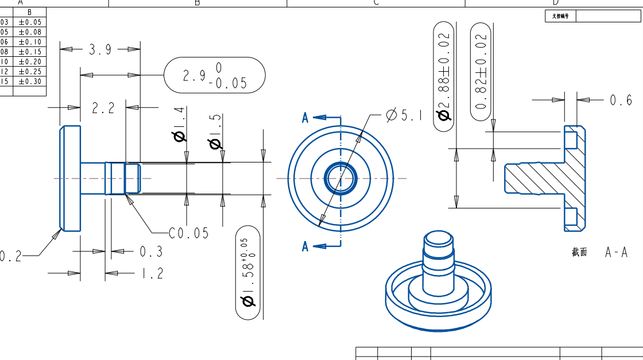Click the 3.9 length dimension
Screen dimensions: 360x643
click(100, 50)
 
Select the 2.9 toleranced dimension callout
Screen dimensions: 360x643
click(215, 75)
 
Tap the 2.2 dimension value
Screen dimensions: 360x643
click(103, 108)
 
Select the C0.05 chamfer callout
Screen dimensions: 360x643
click(189, 233)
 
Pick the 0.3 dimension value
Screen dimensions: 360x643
click(152, 251)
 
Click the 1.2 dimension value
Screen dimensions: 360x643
click(152, 273)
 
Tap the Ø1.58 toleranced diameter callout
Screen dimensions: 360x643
click(248, 273)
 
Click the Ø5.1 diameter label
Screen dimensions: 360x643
click(404, 115)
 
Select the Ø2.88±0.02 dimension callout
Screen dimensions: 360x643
click(444, 77)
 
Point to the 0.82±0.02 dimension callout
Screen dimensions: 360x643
click(481, 71)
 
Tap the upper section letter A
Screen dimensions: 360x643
click(305, 118)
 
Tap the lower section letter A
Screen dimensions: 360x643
click(305, 247)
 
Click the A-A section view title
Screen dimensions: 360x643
click(616, 252)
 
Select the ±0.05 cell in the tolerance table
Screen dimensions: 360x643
click(30, 22)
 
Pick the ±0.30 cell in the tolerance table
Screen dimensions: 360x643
click(30, 81)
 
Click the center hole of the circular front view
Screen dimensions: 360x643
click(340, 178)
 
